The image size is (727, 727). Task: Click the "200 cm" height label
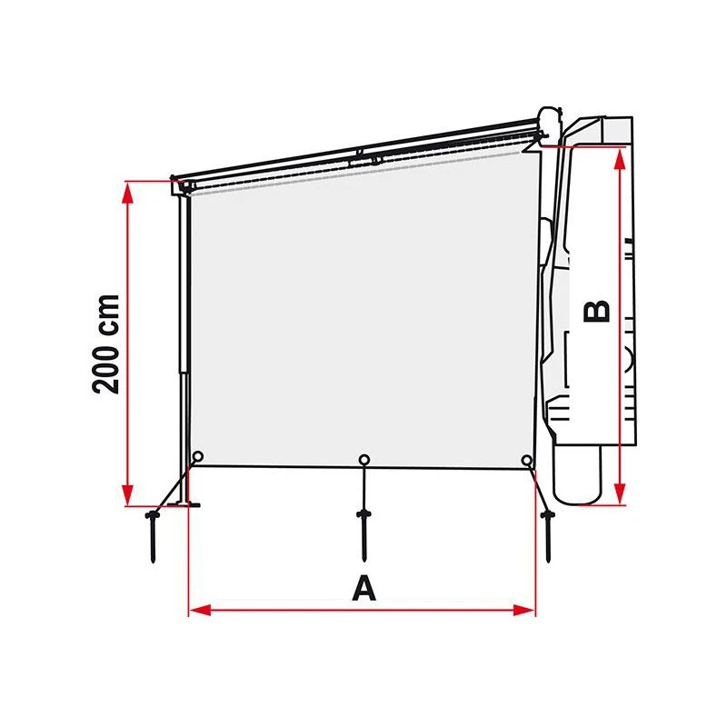(107, 343)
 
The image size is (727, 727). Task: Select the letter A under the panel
(363, 588)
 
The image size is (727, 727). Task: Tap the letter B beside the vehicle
(597, 311)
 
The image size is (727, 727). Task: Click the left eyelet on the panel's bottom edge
(197, 457)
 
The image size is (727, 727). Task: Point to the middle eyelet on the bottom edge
(363, 460)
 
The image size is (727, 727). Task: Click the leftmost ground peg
(151, 536)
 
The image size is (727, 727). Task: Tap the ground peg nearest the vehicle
(548, 534)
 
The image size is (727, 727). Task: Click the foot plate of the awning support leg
(187, 502)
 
